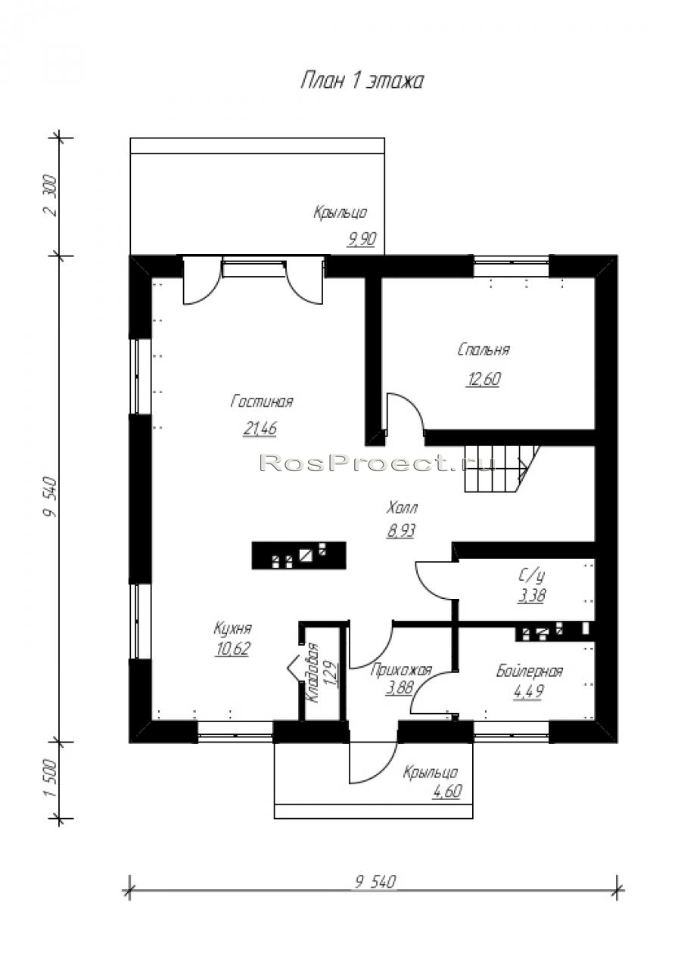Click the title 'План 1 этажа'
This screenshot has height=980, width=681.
[362, 81]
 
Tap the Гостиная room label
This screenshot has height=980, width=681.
[262, 402]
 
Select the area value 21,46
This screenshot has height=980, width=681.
[260, 428]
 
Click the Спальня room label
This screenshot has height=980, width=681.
[484, 349]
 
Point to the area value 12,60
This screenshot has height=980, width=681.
[484, 378]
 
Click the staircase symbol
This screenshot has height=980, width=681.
[502, 469]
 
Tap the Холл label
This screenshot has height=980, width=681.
[402, 508]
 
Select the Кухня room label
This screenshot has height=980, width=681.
[232, 628]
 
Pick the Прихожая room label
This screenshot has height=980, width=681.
[401, 670]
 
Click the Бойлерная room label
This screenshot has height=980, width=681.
[529, 671]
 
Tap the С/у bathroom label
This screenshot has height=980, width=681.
[531, 576]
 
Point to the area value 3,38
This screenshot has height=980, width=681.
[531, 595]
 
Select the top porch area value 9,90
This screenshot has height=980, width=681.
[362, 239]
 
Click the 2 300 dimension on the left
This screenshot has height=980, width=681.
[51, 196]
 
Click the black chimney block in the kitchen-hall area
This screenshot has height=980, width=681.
[298, 555]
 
